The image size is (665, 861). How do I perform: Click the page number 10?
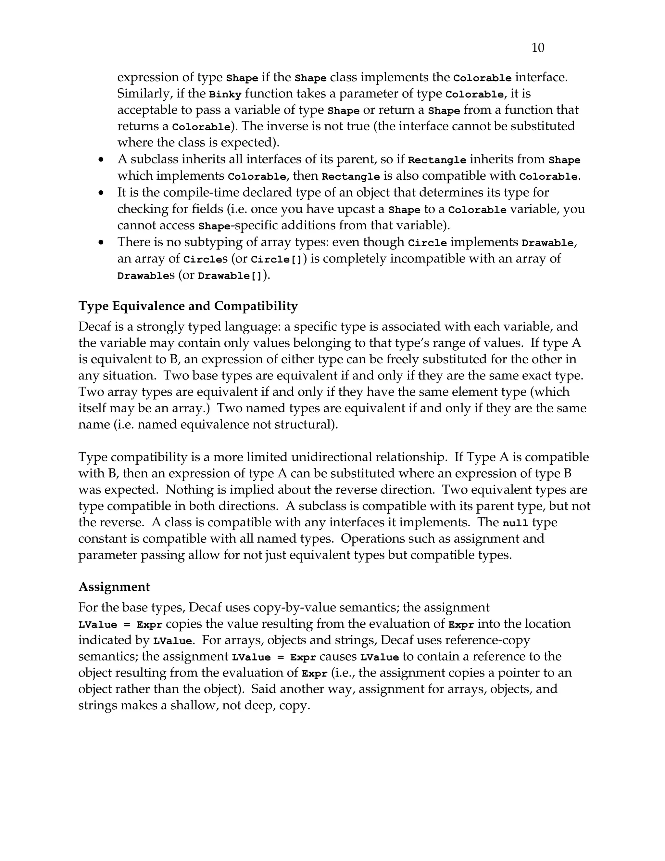[538, 48]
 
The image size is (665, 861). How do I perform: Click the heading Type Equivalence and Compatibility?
[188, 306]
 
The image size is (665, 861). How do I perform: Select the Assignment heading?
[114, 586]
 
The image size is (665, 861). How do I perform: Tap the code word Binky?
[225, 95]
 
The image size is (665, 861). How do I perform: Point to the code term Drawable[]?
[230, 276]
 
